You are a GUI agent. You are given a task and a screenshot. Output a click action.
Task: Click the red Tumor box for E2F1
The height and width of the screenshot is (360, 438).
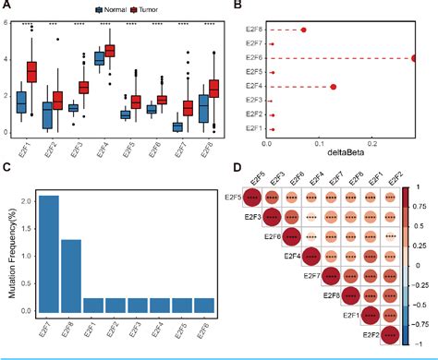click(x=31, y=70)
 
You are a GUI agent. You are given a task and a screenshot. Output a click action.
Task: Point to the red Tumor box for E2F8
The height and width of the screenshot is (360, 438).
click(x=214, y=88)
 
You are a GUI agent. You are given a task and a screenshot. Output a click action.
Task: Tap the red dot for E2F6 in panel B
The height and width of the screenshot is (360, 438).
click(x=415, y=58)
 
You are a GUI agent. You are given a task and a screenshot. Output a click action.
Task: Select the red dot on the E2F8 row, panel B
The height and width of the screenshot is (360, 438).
click(x=304, y=30)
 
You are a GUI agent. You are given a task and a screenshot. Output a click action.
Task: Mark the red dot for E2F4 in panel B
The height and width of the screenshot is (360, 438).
click(x=333, y=87)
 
